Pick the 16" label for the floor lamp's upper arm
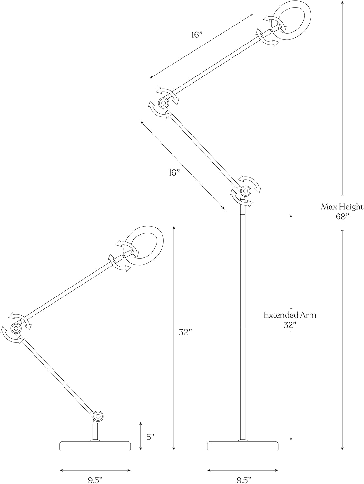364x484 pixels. (197, 35)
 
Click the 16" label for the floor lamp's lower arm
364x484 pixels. (175, 173)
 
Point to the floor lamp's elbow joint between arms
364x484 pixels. (163, 103)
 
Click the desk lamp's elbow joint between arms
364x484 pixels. (16, 328)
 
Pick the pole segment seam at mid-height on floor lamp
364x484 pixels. (242, 328)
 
